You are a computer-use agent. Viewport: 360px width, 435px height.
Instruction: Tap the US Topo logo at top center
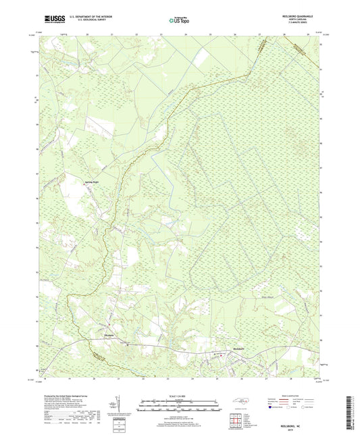178,20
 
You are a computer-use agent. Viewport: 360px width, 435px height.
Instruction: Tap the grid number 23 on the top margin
161,33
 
